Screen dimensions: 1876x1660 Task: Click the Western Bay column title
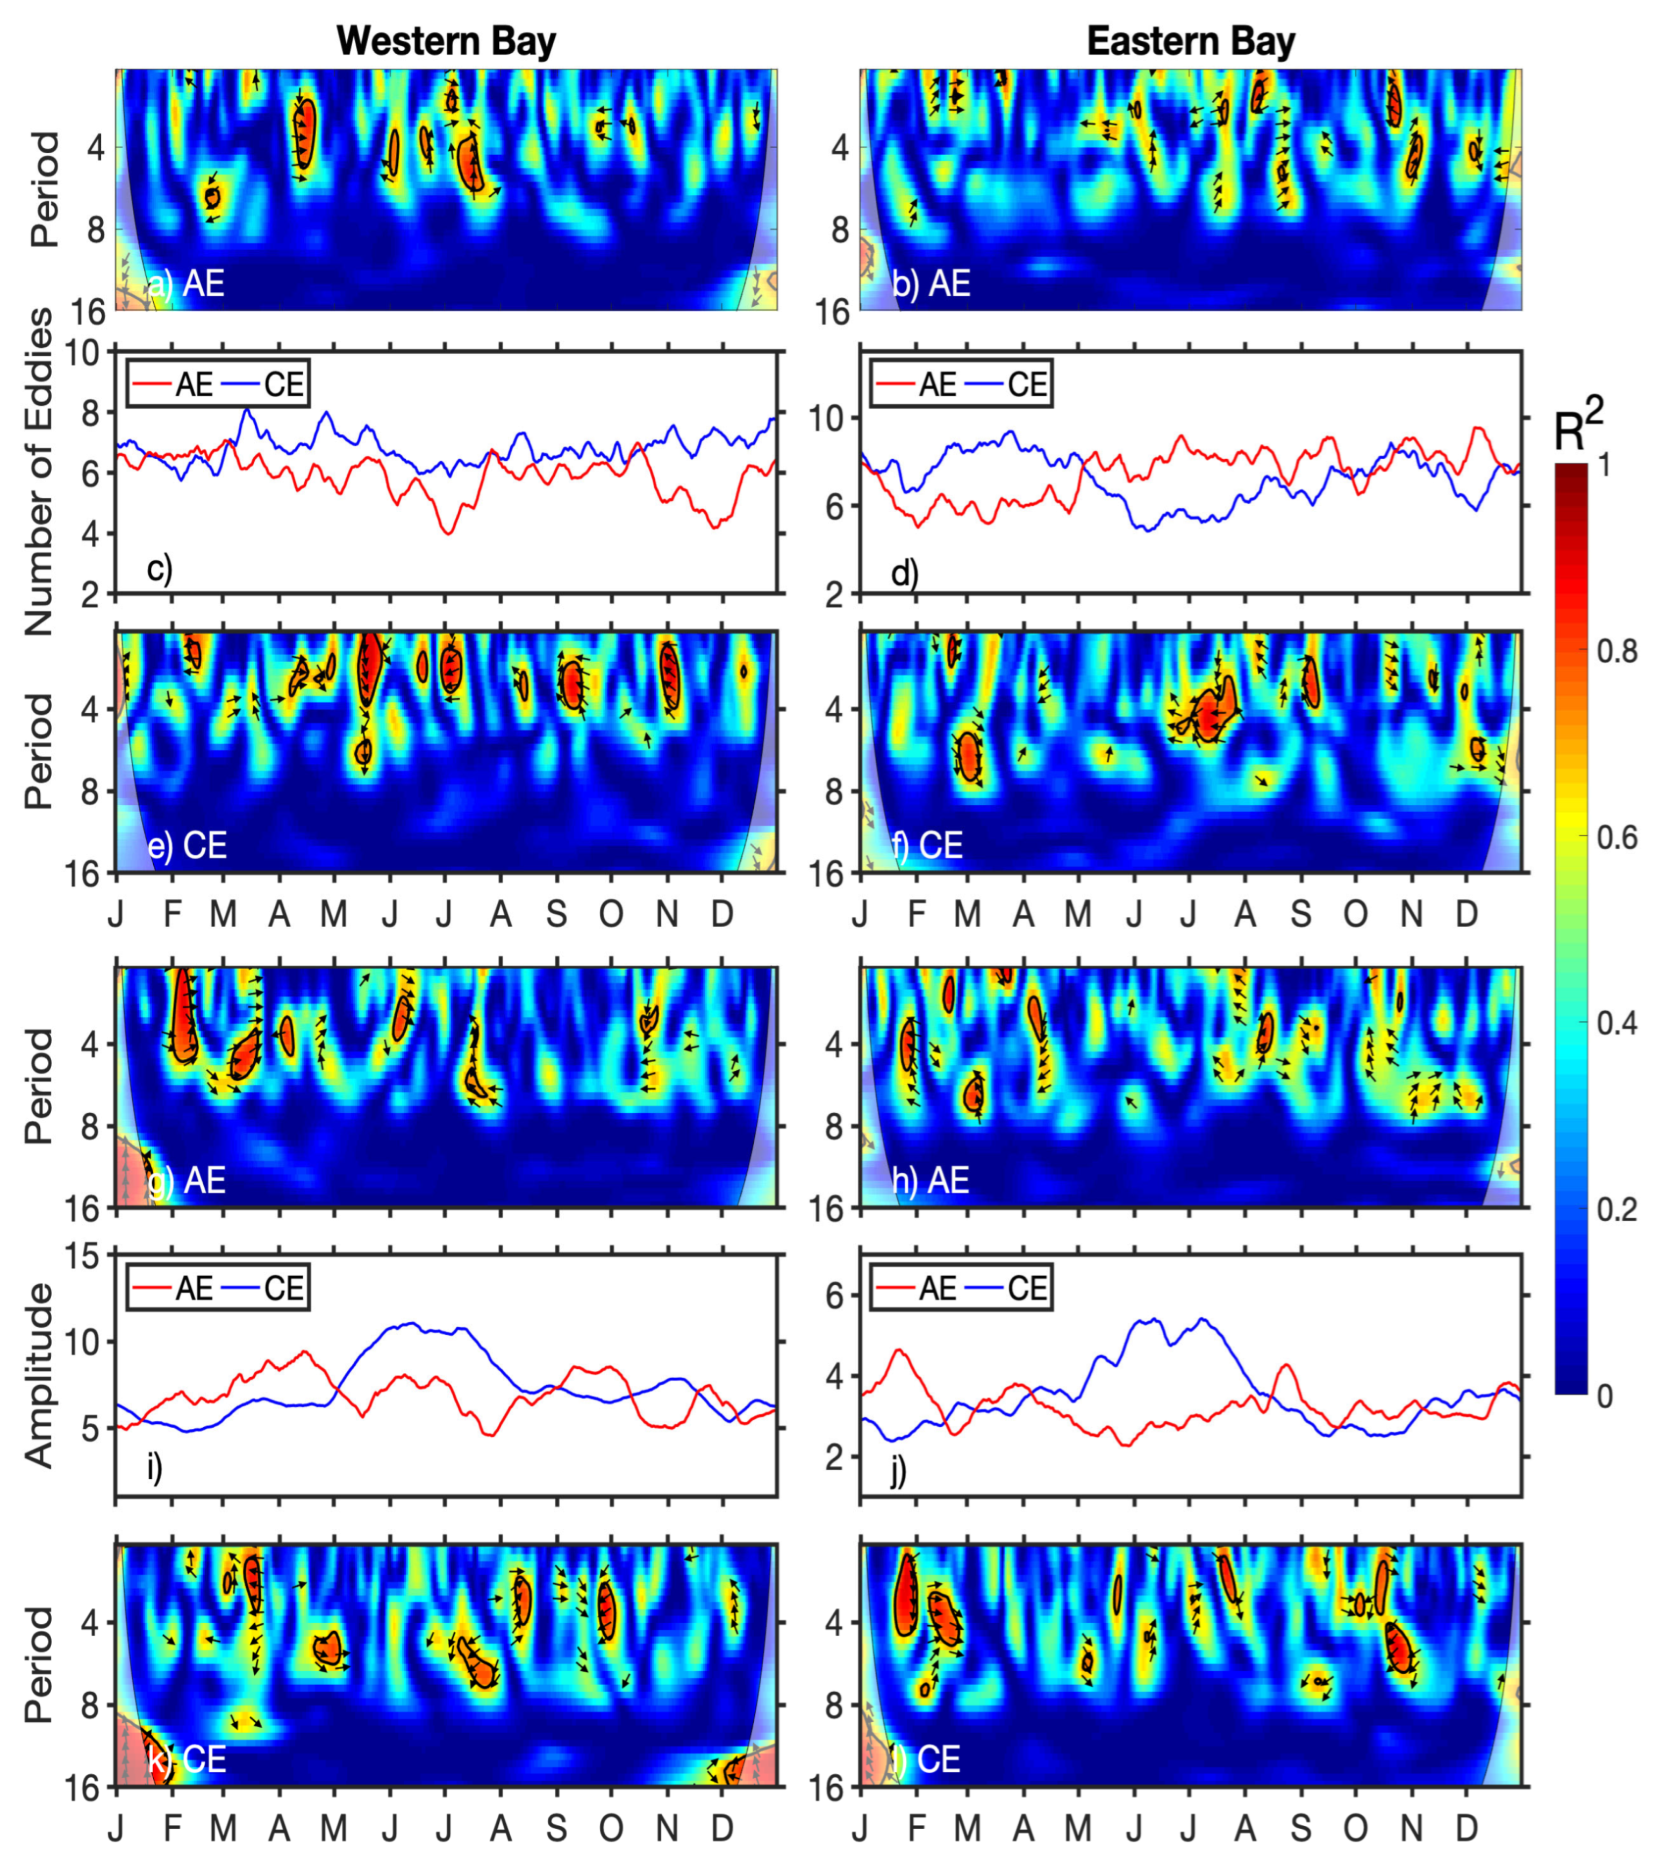[446, 41]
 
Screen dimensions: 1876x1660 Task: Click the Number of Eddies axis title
[39, 472]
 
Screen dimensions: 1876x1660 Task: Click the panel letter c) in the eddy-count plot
[159, 569]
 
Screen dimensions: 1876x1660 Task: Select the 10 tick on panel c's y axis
[83, 353]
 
